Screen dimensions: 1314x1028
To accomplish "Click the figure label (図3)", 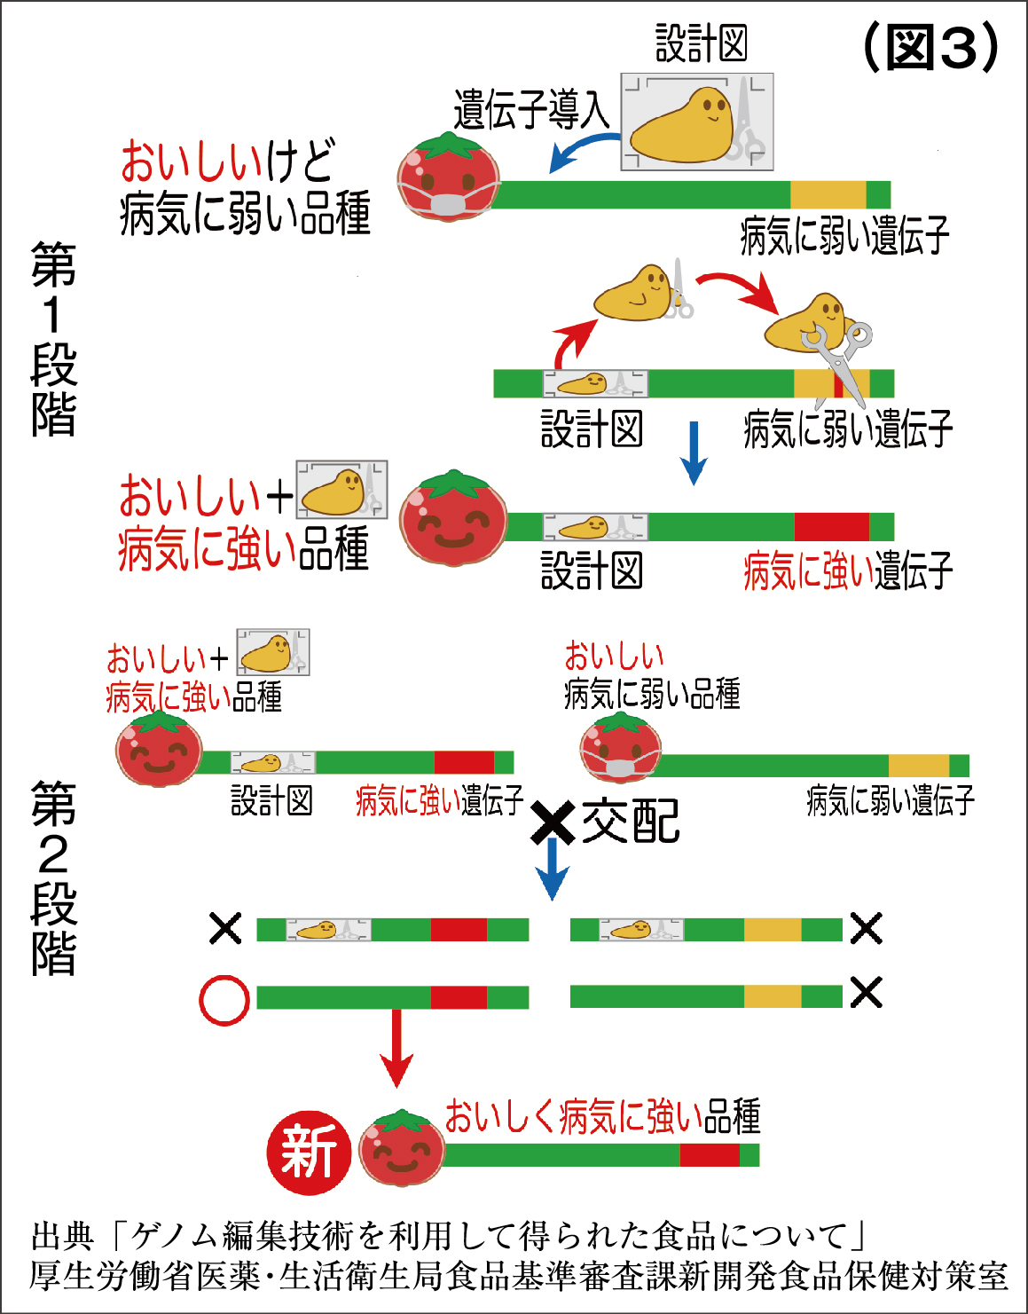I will [x=930, y=47].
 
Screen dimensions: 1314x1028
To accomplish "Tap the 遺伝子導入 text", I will [x=531, y=111].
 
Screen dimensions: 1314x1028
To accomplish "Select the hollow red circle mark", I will [x=224, y=1001].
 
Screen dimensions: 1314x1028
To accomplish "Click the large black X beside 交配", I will [x=553, y=822].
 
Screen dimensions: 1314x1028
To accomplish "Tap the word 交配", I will [x=631, y=821].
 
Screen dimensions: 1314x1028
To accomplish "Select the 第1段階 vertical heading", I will [x=53, y=339].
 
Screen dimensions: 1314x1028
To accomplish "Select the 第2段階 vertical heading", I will [x=53, y=877].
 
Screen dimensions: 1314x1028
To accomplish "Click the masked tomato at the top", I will [x=449, y=177].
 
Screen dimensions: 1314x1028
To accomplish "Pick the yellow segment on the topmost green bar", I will [x=828, y=194].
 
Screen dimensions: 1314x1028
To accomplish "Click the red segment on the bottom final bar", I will [x=709, y=1155].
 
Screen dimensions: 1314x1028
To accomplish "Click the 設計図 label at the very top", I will [x=701, y=43].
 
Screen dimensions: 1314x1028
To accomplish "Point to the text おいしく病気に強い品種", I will [x=602, y=1116].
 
